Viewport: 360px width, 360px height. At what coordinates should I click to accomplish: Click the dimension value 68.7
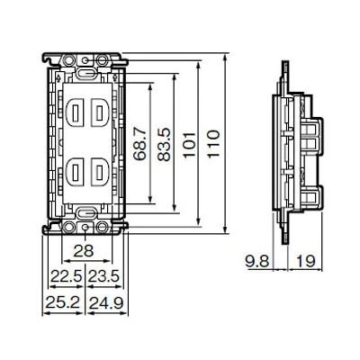click(x=140, y=143)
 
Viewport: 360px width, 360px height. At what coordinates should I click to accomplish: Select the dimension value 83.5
click(x=164, y=144)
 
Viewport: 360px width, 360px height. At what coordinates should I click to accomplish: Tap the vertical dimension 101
click(x=190, y=144)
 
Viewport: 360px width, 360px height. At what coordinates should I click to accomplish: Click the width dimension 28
click(x=84, y=251)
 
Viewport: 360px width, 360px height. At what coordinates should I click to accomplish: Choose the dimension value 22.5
click(x=66, y=276)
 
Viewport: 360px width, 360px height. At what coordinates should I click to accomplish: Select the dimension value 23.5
click(x=103, y=276)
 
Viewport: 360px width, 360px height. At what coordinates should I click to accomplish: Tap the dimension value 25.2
click(x=62, y=303)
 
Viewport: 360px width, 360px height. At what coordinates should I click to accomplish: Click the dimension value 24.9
click(x=106, y=303)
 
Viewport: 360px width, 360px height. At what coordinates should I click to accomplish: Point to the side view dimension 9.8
click(x=257, y=261)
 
